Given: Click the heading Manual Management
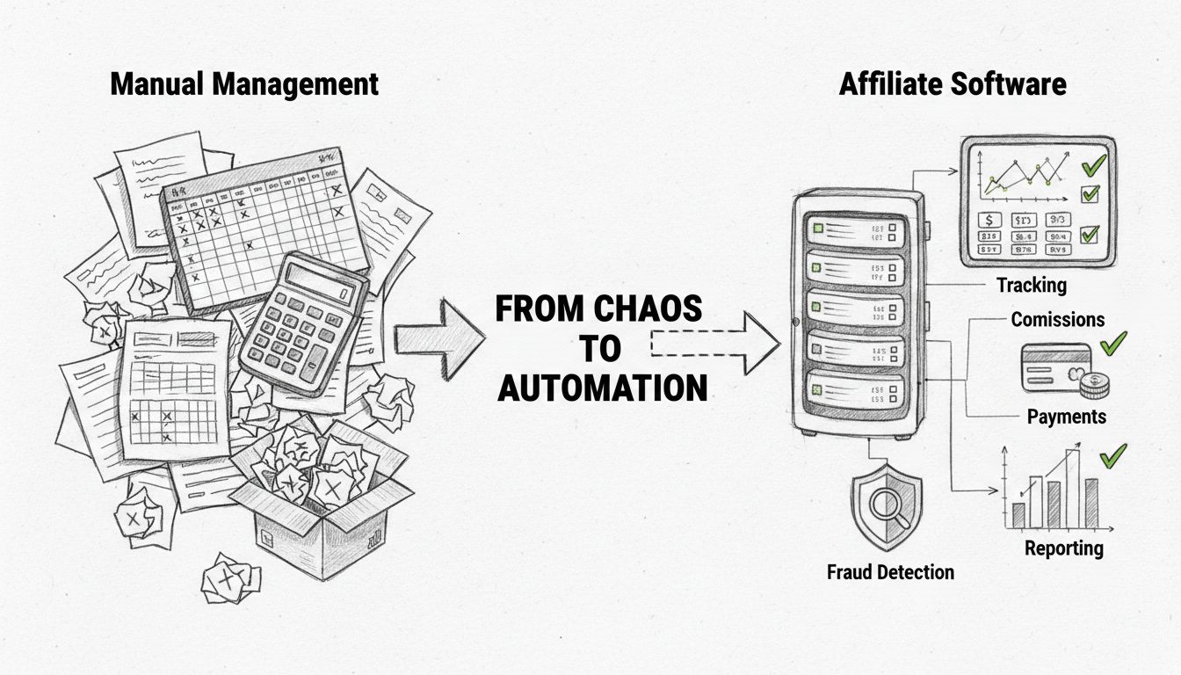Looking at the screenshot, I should pos(243,84).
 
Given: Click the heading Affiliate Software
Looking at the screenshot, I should pos(953,84).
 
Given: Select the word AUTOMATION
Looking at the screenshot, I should pos(603,387).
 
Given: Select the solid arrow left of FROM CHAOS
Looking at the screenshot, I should pos(438,337).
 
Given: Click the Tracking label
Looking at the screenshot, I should pos(1031,285).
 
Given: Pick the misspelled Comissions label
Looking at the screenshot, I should pos(1057,319).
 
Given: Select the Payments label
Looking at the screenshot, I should pos(1066,416).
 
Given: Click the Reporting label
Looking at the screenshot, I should pos(1063,548).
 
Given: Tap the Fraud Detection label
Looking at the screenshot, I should pos(890,572).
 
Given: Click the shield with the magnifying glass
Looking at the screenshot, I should pos(886,511).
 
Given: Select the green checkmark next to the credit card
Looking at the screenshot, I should pos(1112,344).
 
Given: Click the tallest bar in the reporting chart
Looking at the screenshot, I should pos(1073,490).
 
